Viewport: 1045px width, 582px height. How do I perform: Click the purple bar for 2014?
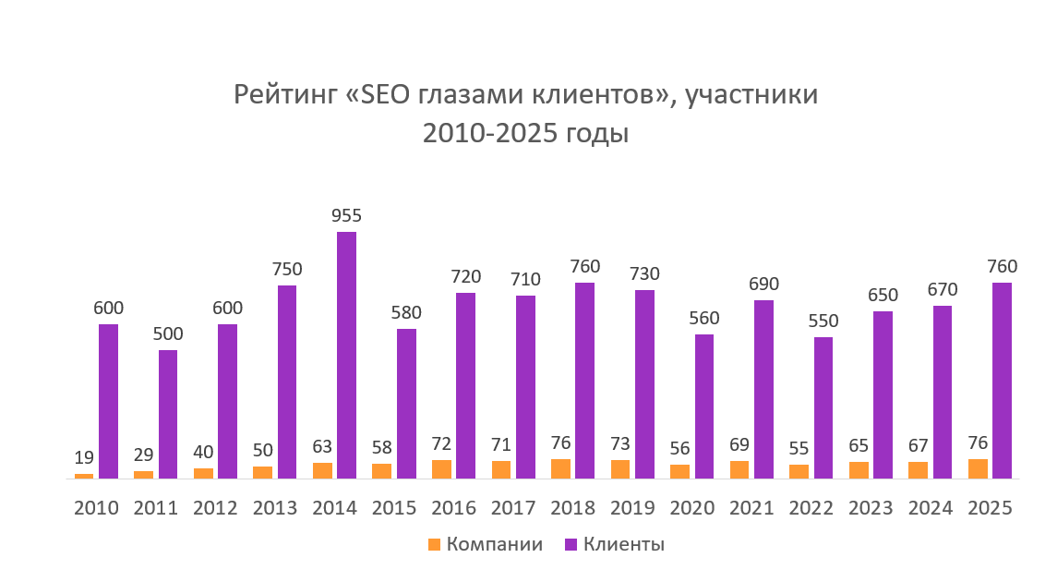[x=346, y=355]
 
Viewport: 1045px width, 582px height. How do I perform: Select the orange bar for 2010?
[x=84, y=476]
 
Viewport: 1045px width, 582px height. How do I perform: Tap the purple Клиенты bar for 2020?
[x=704, y=406]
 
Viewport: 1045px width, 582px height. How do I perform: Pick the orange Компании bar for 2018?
[x=560, y=468]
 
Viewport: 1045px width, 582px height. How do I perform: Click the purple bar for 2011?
[x=168, y=414]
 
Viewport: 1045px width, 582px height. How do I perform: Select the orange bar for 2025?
[x=978, y=468]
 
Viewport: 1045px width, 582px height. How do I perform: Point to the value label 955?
[x=346, y=216]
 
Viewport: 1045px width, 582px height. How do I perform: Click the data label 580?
[x=406, y=313]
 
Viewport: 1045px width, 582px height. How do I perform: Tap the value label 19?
[x=84, y=456]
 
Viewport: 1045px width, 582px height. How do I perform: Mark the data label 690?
[x=763, y=284]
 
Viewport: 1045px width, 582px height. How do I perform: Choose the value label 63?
[x=322, y=446]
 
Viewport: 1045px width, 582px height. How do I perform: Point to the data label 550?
[x=823, y=321]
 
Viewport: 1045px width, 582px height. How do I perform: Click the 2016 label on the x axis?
[x=453, y=509]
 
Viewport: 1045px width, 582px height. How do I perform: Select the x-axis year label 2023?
[x=871, y=509]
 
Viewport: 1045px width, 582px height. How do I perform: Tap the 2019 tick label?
[x=632, y=509]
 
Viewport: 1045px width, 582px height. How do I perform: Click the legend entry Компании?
[x=494, y=544]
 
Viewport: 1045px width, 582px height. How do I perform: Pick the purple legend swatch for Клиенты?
[x=570, y=544]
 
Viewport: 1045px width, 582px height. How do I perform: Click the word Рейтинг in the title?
[x=287, y=96]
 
